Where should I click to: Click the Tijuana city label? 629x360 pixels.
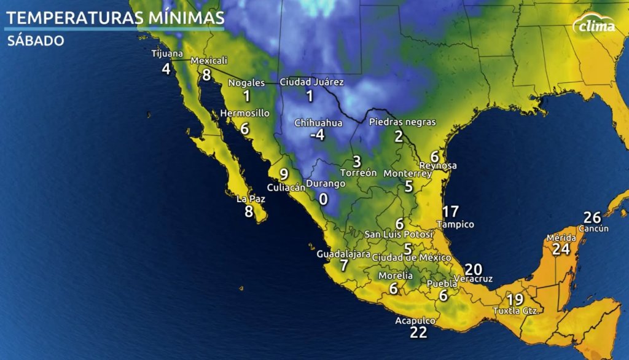coord(167,54)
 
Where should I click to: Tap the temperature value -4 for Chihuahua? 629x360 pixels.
coord(317,135)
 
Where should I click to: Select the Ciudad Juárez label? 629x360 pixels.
coord(311,82)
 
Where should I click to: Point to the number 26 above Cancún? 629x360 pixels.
coord(592,217)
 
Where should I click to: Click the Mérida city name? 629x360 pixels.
coord(561,238)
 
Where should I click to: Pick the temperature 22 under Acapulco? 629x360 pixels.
coord(418,332)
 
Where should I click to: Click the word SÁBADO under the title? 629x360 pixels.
coord(36,41)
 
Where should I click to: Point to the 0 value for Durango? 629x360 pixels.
coord(322,198)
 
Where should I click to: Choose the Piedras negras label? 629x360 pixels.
coord(402,122)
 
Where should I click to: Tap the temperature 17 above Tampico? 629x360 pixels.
coord(450,212)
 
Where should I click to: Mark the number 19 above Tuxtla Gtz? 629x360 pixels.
coord(515,300)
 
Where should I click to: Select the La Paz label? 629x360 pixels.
coord(250,198)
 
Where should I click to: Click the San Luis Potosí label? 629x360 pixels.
coord(399,235)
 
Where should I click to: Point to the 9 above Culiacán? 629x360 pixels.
coord(283,174)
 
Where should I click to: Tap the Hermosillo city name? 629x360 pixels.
coord(244,113)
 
